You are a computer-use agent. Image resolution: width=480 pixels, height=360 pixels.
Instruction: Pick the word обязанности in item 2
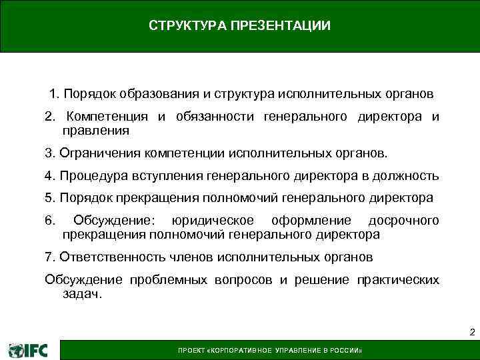pyautogui.click(x=215, y=117)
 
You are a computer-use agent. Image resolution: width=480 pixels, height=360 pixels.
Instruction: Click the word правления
pyautogui.click(x=95, y=131)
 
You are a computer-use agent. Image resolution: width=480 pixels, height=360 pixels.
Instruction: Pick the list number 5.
pyautogui.click(x=49, y=198)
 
